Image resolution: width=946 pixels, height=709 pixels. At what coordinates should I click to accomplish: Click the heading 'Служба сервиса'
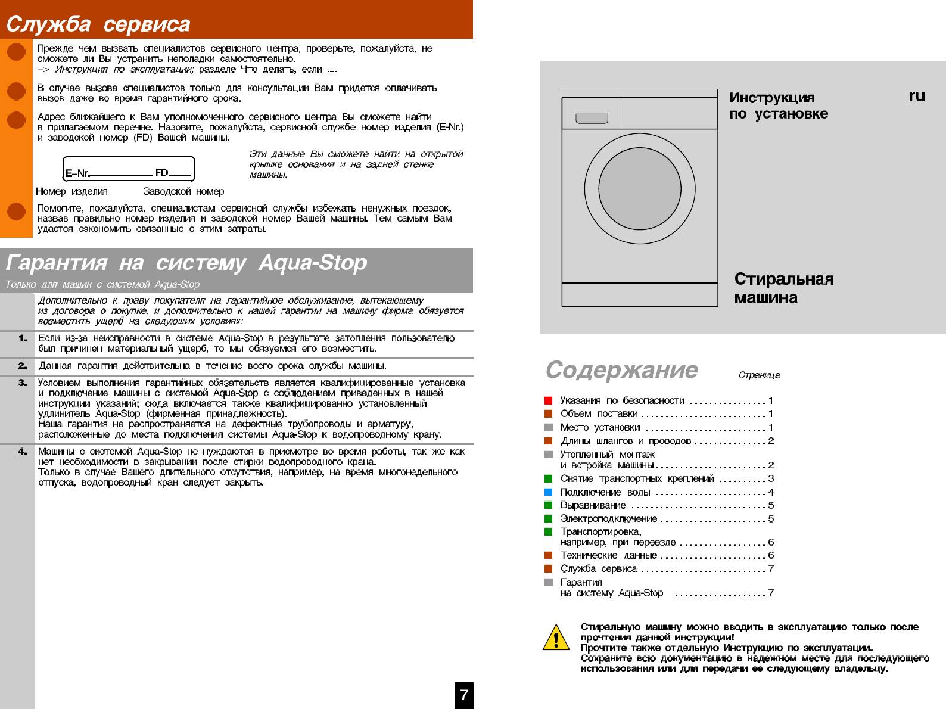[x=98, y=25]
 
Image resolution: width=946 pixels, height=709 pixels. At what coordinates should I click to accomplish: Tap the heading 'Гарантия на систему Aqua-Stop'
[x=186, y=263]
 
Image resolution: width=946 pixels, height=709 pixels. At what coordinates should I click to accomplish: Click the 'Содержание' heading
[x=621, y=370]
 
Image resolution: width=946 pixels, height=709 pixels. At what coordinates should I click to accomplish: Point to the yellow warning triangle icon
[x=555, y=638]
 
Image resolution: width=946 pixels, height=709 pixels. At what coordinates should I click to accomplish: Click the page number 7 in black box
[x=464, y=695]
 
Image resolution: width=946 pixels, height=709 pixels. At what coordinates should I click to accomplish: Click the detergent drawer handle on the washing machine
[x=592, y=119]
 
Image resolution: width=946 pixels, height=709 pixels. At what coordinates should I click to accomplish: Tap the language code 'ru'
[x=916, y=96]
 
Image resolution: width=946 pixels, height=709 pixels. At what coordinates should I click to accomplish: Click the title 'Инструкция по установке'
[x=778, y=105]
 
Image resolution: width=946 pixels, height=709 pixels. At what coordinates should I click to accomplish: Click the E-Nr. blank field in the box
[x=121, y=173]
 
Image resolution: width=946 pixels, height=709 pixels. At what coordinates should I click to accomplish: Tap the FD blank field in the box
[x=180, y=173]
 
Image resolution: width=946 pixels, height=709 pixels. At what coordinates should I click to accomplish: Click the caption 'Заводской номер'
[x=183, y=192]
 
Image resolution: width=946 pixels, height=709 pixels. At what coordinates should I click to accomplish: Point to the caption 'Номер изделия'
[x=71, y=192]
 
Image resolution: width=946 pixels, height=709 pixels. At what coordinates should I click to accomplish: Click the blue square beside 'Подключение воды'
[x=549, y=492]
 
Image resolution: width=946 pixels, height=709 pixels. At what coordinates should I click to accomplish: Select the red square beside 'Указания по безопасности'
[x=549, y=400]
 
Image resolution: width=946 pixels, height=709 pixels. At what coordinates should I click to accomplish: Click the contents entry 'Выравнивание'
[x=593, y=505]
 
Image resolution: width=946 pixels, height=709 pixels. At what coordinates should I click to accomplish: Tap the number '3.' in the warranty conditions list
[x=23, y=383]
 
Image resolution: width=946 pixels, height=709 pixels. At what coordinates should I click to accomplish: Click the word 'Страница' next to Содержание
[x=758, y=375]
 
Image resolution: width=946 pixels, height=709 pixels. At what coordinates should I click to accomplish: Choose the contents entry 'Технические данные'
[x=608, y=555]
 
